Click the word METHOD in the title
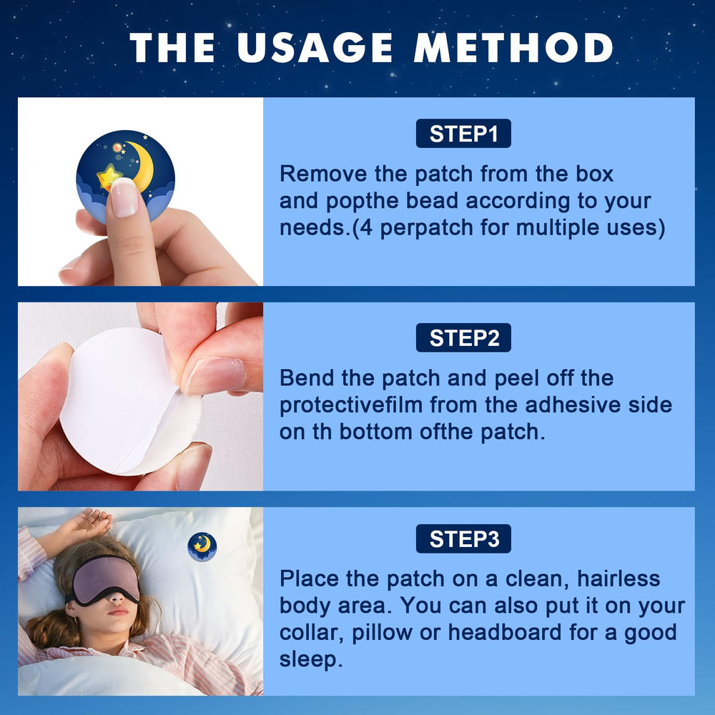coord(514,48)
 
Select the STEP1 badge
coord(463,134)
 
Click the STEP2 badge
coord(463,337)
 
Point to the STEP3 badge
coord(463,538)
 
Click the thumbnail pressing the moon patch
coord(124,197)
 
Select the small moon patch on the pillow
coord(202,546)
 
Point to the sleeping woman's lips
coord(118,612)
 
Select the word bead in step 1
coord(433,201)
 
